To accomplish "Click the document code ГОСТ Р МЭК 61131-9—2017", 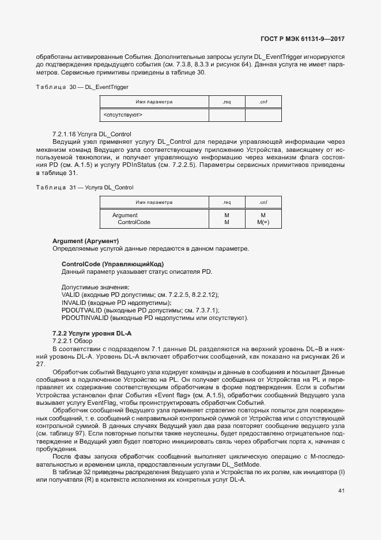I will tap(303, 40).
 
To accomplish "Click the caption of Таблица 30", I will tap(82, 87).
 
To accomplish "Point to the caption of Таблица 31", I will tap(85, 188).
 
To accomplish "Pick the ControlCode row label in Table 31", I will tap(134, 222).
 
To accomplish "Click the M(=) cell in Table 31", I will tap(263, 222).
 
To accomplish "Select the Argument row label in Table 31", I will tap(125, 215).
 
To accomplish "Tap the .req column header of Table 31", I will tap(227, 202).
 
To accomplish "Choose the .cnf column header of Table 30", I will tap(263, 102).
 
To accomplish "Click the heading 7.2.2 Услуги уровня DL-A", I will tap(92, 334).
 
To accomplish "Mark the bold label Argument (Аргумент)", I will tap(85, 240).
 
